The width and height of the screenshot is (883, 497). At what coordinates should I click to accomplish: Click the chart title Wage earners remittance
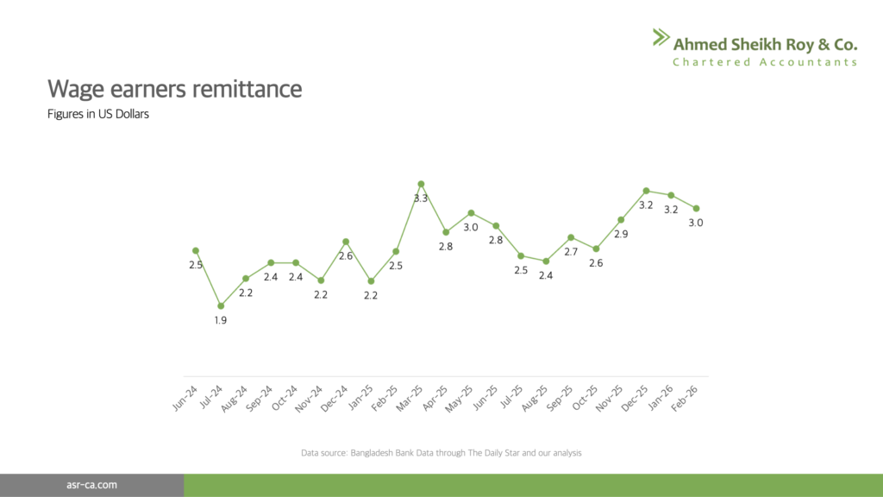pos(175,89)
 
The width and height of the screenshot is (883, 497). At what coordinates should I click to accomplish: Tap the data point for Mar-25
pos(421,184)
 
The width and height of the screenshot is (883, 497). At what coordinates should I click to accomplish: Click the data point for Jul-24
pos(221,305)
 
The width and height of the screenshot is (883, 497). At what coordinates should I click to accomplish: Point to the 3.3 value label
pos(421,198)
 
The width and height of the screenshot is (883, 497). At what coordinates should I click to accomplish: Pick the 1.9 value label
pos(221,320)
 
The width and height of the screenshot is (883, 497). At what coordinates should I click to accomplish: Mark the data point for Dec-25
pos(646,191)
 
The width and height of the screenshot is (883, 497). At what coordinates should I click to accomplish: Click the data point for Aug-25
pos(546,261)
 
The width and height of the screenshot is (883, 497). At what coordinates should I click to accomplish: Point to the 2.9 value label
pos(621,234)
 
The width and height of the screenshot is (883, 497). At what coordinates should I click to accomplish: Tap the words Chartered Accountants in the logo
pos(765,62)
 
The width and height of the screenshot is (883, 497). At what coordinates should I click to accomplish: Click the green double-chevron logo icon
pos(660,36)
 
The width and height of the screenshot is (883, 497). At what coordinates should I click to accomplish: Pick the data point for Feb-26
pos(696,208)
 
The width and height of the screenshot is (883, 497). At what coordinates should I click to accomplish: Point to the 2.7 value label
pos(571,251)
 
